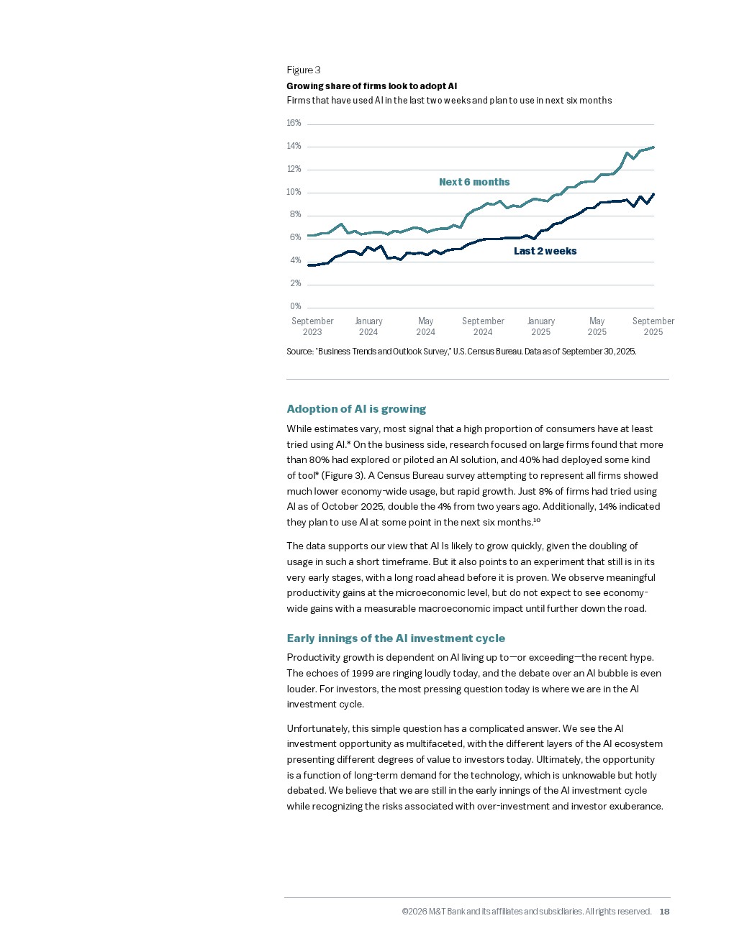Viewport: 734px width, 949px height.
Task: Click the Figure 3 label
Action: point(303,70)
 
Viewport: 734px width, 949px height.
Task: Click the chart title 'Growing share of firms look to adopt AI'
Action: point(371,86)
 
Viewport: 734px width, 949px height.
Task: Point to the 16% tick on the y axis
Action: point(294,123)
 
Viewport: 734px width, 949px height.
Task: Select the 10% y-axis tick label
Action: point(294,192)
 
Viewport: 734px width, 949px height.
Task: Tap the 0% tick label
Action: point(295,306)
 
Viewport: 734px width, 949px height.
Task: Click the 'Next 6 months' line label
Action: point(474,182)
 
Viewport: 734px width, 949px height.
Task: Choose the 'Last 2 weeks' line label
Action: point(545,251)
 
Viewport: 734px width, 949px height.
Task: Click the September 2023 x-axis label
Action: point(312,326)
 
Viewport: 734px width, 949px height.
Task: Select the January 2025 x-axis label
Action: point(540,326)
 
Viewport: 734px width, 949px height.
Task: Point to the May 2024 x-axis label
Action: point(425,326)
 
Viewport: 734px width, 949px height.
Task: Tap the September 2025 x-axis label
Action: point(653,326)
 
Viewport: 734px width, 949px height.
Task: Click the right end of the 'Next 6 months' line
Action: point(653,147)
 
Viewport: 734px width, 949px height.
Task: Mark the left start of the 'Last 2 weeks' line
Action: point(309,265)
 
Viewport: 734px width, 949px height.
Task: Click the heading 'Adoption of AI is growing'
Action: point(356,409)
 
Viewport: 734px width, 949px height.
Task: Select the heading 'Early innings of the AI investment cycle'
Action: point(396,638)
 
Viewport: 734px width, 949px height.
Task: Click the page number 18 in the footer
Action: point(664,912)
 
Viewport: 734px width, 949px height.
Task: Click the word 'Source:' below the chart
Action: point(299,352)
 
